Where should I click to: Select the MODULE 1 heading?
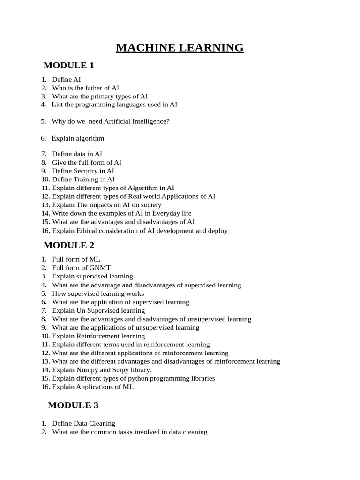click(69, 66)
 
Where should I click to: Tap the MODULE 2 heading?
click(69, 245)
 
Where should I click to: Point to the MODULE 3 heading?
click(73, 406)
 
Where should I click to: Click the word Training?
click(85, 180)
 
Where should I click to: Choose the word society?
click(150, 205)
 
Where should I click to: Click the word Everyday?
click(160, 214)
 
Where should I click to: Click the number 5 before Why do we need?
click(43, 121)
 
